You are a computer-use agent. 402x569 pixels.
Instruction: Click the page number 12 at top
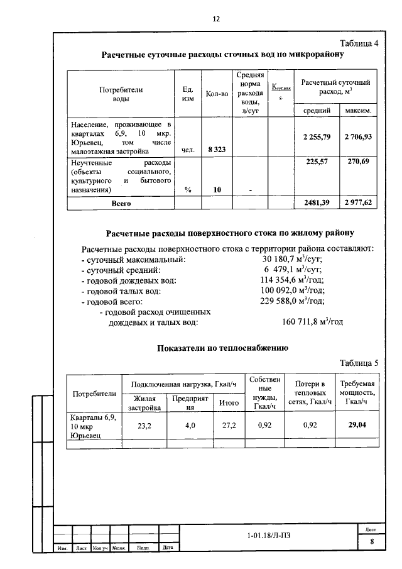(215, 19)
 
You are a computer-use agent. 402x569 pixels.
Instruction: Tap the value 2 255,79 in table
(317, 136)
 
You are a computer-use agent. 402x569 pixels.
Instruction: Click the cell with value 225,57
(317, 162)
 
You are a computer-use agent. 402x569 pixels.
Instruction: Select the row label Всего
(121, 203)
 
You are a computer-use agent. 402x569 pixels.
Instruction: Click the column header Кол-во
(216, 94)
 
